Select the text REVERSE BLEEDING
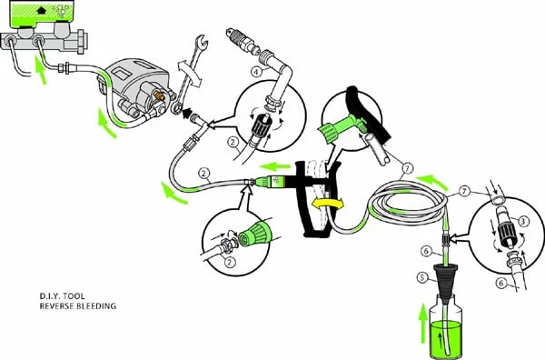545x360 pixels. point(78,306)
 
